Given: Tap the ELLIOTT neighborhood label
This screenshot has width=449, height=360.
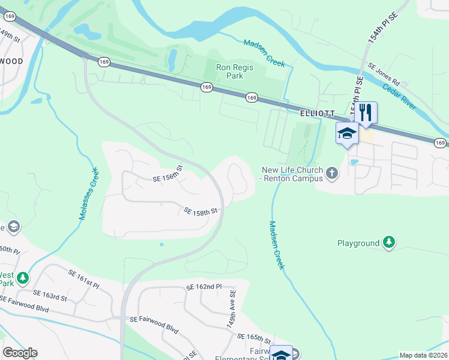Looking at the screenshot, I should click(x=316, y=113).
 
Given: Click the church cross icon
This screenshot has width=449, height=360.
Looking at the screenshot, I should click(x=332, y=174).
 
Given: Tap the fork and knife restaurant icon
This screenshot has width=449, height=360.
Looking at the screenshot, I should click(x=366, y=112).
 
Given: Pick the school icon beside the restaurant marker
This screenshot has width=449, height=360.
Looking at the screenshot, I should click(x=347, y=133).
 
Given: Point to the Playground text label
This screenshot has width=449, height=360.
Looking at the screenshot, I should click(x=358, y=243).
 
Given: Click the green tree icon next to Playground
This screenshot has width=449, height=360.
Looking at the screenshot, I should click(x=390, y=242).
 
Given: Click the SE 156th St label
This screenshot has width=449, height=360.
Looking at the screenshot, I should click(x=167, y=175).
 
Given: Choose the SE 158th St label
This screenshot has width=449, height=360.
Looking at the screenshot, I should click(x=200, y=212).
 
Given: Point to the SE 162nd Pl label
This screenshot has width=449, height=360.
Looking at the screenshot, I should click(x=204, y=288).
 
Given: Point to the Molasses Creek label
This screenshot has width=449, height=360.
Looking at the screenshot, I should click(x=88, y=193).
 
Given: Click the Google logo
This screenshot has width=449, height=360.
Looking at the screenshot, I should click(x=20, y=353).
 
